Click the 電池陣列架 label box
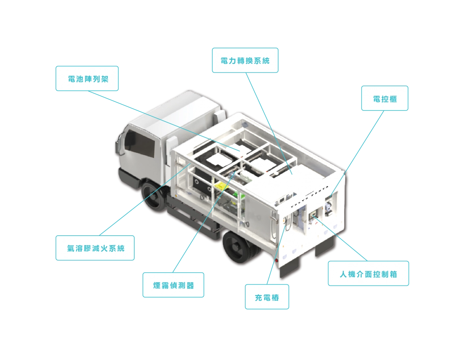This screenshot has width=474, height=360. [87, 78]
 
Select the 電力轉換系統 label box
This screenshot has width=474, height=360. [245, 60]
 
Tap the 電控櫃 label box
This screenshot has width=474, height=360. [384, 98]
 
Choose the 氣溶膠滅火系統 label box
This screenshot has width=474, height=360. [95, 248]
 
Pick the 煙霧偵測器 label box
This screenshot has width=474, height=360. [173, 285]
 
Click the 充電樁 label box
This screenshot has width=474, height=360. [267, 297]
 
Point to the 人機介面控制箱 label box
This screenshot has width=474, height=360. [368, 273]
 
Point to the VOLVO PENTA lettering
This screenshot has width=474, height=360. [310, 196]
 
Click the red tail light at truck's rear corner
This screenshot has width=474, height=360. [276, 261]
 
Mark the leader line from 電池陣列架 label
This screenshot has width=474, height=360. [164, 121]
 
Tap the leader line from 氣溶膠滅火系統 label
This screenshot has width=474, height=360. [145, 199]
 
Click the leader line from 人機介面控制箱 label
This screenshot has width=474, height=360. [340, 239]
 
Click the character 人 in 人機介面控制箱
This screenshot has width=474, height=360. [343, 274]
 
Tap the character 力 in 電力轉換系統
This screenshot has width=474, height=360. [232, 61]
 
